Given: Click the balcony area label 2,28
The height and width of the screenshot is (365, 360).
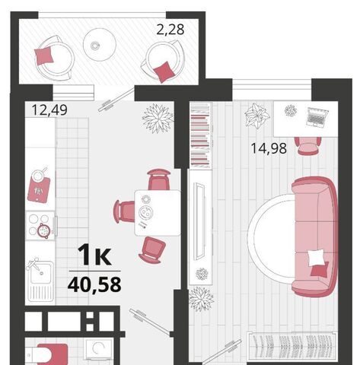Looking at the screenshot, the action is [x=170, y=30].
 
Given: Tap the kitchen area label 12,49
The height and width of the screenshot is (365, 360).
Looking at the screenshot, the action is [x=49, y=110].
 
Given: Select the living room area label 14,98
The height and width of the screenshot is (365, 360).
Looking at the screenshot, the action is [x=269, y=148].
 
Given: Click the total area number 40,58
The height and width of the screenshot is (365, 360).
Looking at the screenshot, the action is [x=94, y=284].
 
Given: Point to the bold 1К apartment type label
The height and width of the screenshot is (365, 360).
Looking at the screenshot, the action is [x=94, y=255].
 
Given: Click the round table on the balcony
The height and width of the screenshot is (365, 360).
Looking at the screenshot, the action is [x=100, y=45].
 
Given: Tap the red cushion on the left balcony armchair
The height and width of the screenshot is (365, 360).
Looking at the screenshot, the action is [x=43, y=56].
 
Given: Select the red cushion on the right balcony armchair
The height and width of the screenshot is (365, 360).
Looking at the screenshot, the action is [x=164, y=71].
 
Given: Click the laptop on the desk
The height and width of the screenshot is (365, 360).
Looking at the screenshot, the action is [x=317, y=117].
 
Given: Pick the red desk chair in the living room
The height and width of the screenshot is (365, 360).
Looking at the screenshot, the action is [x=307, y=146].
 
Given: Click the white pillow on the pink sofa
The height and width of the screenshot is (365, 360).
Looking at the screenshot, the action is [x=316, y=257].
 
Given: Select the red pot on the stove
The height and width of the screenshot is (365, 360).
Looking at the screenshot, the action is [x=44, y=230].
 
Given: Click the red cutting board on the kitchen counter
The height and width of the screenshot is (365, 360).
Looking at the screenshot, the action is [x=39, y=189].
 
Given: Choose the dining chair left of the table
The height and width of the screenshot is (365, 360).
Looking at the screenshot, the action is [x=124, y=211].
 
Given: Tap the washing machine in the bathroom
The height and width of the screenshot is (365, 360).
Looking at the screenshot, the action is [x=99, y=351].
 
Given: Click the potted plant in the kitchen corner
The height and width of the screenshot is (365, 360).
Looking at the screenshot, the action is [x=158, y=118].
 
